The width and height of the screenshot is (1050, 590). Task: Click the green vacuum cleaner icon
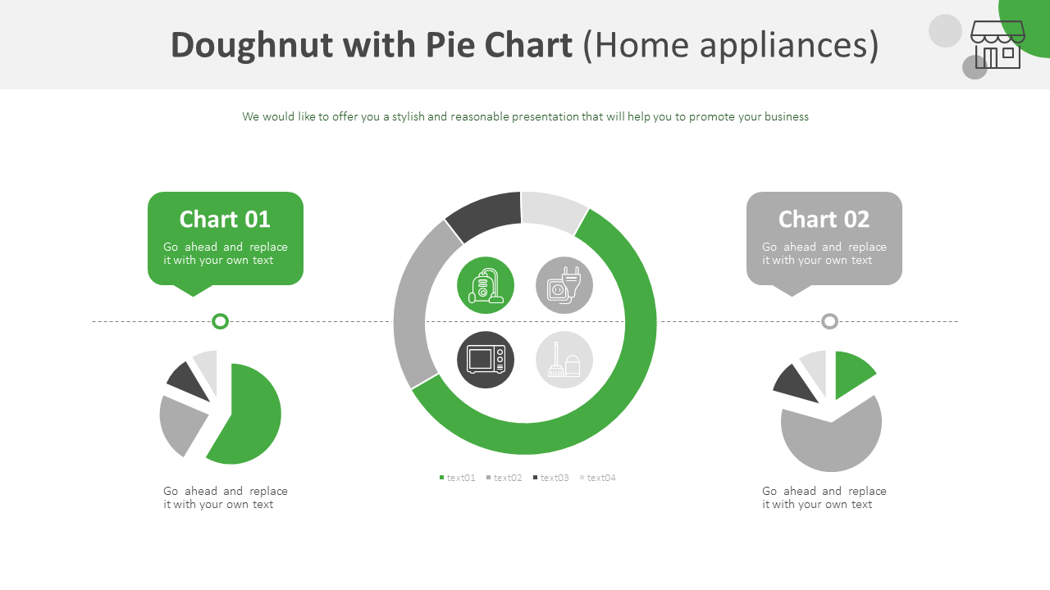[x=486, y=285]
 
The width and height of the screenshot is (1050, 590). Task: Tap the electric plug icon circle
[x=564, y=285]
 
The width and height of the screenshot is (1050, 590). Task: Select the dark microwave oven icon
[x=486, y=360]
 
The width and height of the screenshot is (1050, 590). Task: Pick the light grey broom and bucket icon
[x=564, y=360]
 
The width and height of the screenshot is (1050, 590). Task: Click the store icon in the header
[x=997, y=45]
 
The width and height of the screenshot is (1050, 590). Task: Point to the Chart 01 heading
[x=225, y=220]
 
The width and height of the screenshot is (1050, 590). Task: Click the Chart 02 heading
[x=824, y=220]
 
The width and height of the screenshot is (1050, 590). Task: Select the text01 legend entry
[x=458, y=478]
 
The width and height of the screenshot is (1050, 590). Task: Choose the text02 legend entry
[x=504, y=478]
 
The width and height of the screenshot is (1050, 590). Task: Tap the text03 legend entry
[x=551, y=478]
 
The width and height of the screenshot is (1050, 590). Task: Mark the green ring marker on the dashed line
[x=220, y=321]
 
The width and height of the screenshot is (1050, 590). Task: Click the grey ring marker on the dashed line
[x=829, y=321]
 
